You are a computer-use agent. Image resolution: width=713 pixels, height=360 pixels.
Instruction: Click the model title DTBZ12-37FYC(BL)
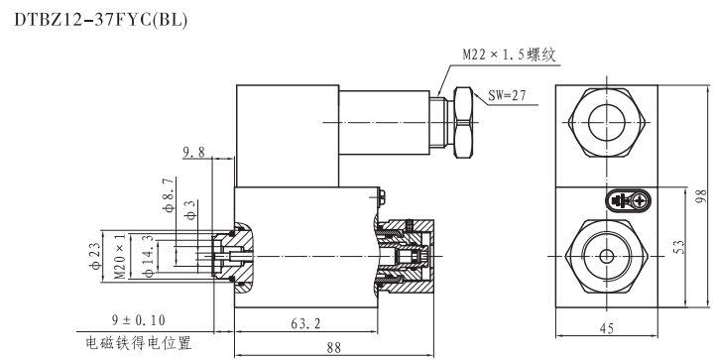tap(100, 20)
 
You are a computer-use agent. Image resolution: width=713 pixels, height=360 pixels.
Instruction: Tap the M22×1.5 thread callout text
tap(510, 56)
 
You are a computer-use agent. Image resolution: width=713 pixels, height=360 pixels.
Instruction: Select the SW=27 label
tap(507, 95)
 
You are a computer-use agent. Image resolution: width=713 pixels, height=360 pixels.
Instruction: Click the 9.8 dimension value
tap(194, 153)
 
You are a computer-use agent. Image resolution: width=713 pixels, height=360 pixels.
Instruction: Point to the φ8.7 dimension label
tap(170, 195)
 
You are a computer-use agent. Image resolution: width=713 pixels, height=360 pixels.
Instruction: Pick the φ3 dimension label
tap(191, 210)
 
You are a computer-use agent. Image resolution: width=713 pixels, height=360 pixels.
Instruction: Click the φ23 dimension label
tap(96, 257)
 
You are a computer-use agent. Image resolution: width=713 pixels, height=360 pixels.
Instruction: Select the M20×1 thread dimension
tap(120, 257)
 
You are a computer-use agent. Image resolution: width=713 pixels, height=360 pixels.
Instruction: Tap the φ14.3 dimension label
tap(149, 256)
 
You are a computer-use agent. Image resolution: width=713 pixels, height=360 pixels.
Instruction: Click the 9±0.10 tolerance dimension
tap(139, 321)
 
